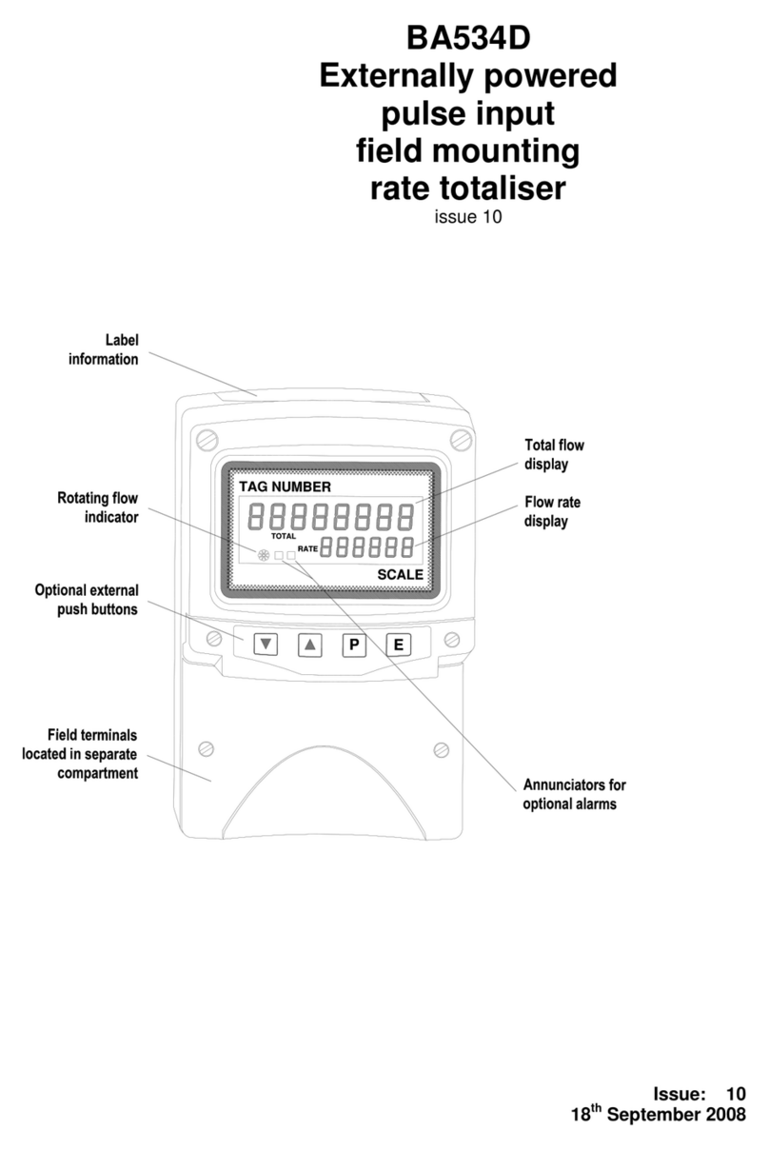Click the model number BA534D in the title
click(468, 38)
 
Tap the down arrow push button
click(266, 645)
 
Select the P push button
click(354, 645)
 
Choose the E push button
click(399, 645)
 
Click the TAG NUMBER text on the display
click(285, 486)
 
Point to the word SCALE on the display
click(400, 574)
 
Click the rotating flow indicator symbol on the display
click(263, 555)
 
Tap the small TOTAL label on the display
click(283, 536)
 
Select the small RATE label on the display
click(307, 548)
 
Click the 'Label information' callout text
click(104, 349)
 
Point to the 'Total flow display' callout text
click(554, 454)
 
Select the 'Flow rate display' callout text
click(552, 511)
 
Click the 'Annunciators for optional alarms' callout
click(574, 794)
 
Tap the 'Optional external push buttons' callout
click(87, 599)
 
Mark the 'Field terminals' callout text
click(80, 754)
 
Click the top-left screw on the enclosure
click(207, 440)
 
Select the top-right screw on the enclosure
click(461, 440)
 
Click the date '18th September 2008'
click(658, 1114)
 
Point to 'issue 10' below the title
click(468, 217)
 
